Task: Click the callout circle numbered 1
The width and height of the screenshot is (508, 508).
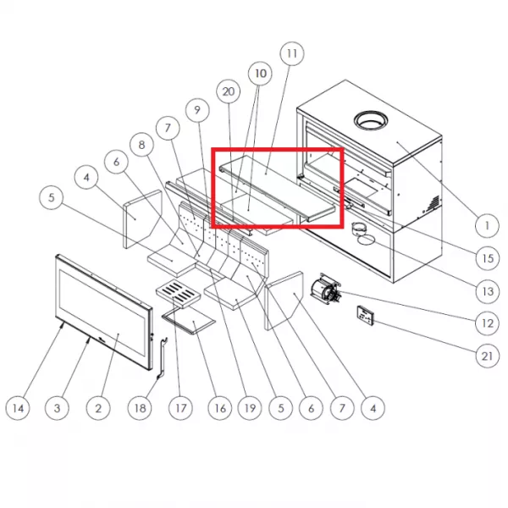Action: (x=487, y=225)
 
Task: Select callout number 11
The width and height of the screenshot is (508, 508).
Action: (x=292, y=53)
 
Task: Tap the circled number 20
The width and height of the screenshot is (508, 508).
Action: (x=229, y=91)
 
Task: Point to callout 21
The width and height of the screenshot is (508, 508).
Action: (x=488, y=356)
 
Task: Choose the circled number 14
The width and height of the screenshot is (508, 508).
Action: (x=18, y=408)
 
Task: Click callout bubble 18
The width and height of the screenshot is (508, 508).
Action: (x=140, y=408)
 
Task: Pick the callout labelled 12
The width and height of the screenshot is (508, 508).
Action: (x=488, y=323)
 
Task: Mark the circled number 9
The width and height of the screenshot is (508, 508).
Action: (x=197, y=110)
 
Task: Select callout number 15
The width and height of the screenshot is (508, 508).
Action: (x=488, y=258)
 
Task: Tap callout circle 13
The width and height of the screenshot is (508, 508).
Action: (x=488, y=291)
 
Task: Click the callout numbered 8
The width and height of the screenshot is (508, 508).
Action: (x=141, y=145)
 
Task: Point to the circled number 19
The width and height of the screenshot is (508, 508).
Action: (x=250, y=408)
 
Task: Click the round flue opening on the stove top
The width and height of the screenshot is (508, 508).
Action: (x=372, y=121)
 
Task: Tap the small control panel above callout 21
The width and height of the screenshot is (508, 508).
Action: (x=366, y=315)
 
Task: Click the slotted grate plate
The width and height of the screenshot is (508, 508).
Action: (x=177, y=293)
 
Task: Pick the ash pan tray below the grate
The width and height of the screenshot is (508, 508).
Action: (x=189, y=320)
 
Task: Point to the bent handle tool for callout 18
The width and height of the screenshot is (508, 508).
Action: (x=163, y=357)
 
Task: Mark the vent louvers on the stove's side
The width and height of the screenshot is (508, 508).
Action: (x=433, y=202)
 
